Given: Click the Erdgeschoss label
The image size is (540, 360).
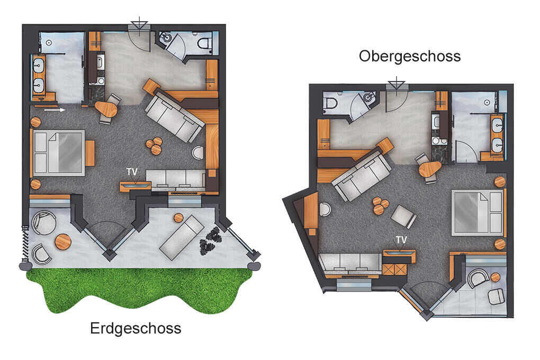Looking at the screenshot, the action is coord(136,328).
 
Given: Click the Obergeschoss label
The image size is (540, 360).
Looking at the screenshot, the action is coord(409,56).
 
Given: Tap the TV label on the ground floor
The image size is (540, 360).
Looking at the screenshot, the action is coord(132,172).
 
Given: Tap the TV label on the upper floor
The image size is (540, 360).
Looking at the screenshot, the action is coord(401,240).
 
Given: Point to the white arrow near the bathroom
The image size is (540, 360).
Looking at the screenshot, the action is coord(55,110).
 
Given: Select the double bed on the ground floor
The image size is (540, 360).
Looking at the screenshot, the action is coord(59,153).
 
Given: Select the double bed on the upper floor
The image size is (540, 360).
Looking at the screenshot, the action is coord(478,212).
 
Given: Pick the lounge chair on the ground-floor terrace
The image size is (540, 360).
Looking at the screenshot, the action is coord(182,237).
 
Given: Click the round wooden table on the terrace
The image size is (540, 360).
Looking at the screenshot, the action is coord(63,241).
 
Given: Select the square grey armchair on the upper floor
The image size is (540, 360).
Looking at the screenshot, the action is coord(403,217).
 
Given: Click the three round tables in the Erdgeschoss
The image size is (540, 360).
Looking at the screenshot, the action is coord(154,146).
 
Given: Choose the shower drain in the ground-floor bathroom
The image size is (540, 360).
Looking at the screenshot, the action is coord(49,43).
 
